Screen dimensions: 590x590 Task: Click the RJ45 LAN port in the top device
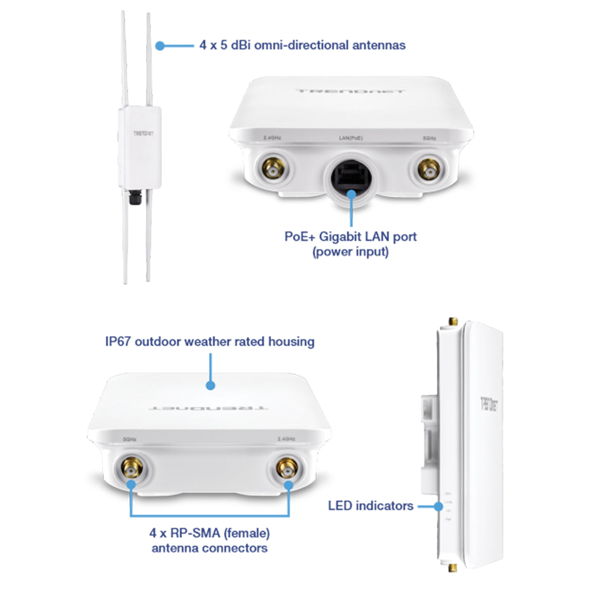[351, 177]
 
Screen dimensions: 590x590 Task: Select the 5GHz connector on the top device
[430, 170]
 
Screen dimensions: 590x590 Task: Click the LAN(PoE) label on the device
[350, 139]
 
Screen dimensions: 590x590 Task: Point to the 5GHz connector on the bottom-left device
[131, 469]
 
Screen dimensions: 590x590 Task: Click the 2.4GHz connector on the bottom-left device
[287, 469]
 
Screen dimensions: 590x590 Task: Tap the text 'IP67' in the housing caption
[118, 342]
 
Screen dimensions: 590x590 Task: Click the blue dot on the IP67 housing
[210, 385]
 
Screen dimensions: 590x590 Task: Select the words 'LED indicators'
[370, 506]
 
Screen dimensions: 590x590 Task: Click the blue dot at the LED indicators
[438, 506]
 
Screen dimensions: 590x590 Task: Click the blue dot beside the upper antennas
[160, 46]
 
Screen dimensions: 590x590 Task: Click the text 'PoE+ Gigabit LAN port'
[350, 237]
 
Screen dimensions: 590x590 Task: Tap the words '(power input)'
[350, 252]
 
